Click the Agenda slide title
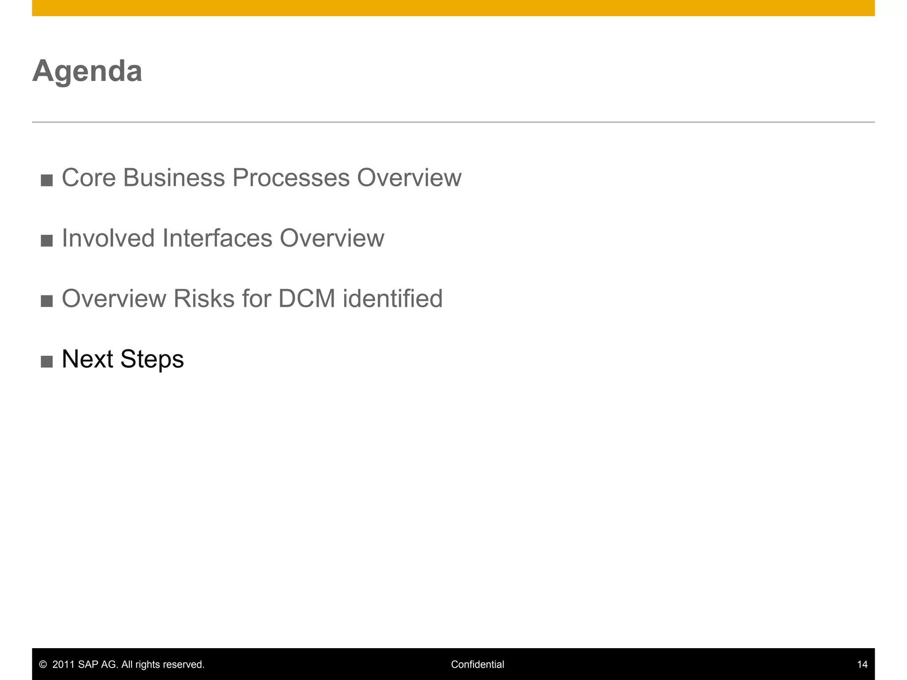87,71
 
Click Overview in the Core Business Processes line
409,178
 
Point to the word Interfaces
217,238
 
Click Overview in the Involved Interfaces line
332,238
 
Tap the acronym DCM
306,299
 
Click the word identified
392,299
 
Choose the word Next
87,359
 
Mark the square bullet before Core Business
47,180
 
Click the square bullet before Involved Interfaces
47,241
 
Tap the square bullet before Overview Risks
47,301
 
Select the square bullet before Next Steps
47,362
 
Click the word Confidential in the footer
477,665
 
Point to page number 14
862,665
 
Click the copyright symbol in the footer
43,665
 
